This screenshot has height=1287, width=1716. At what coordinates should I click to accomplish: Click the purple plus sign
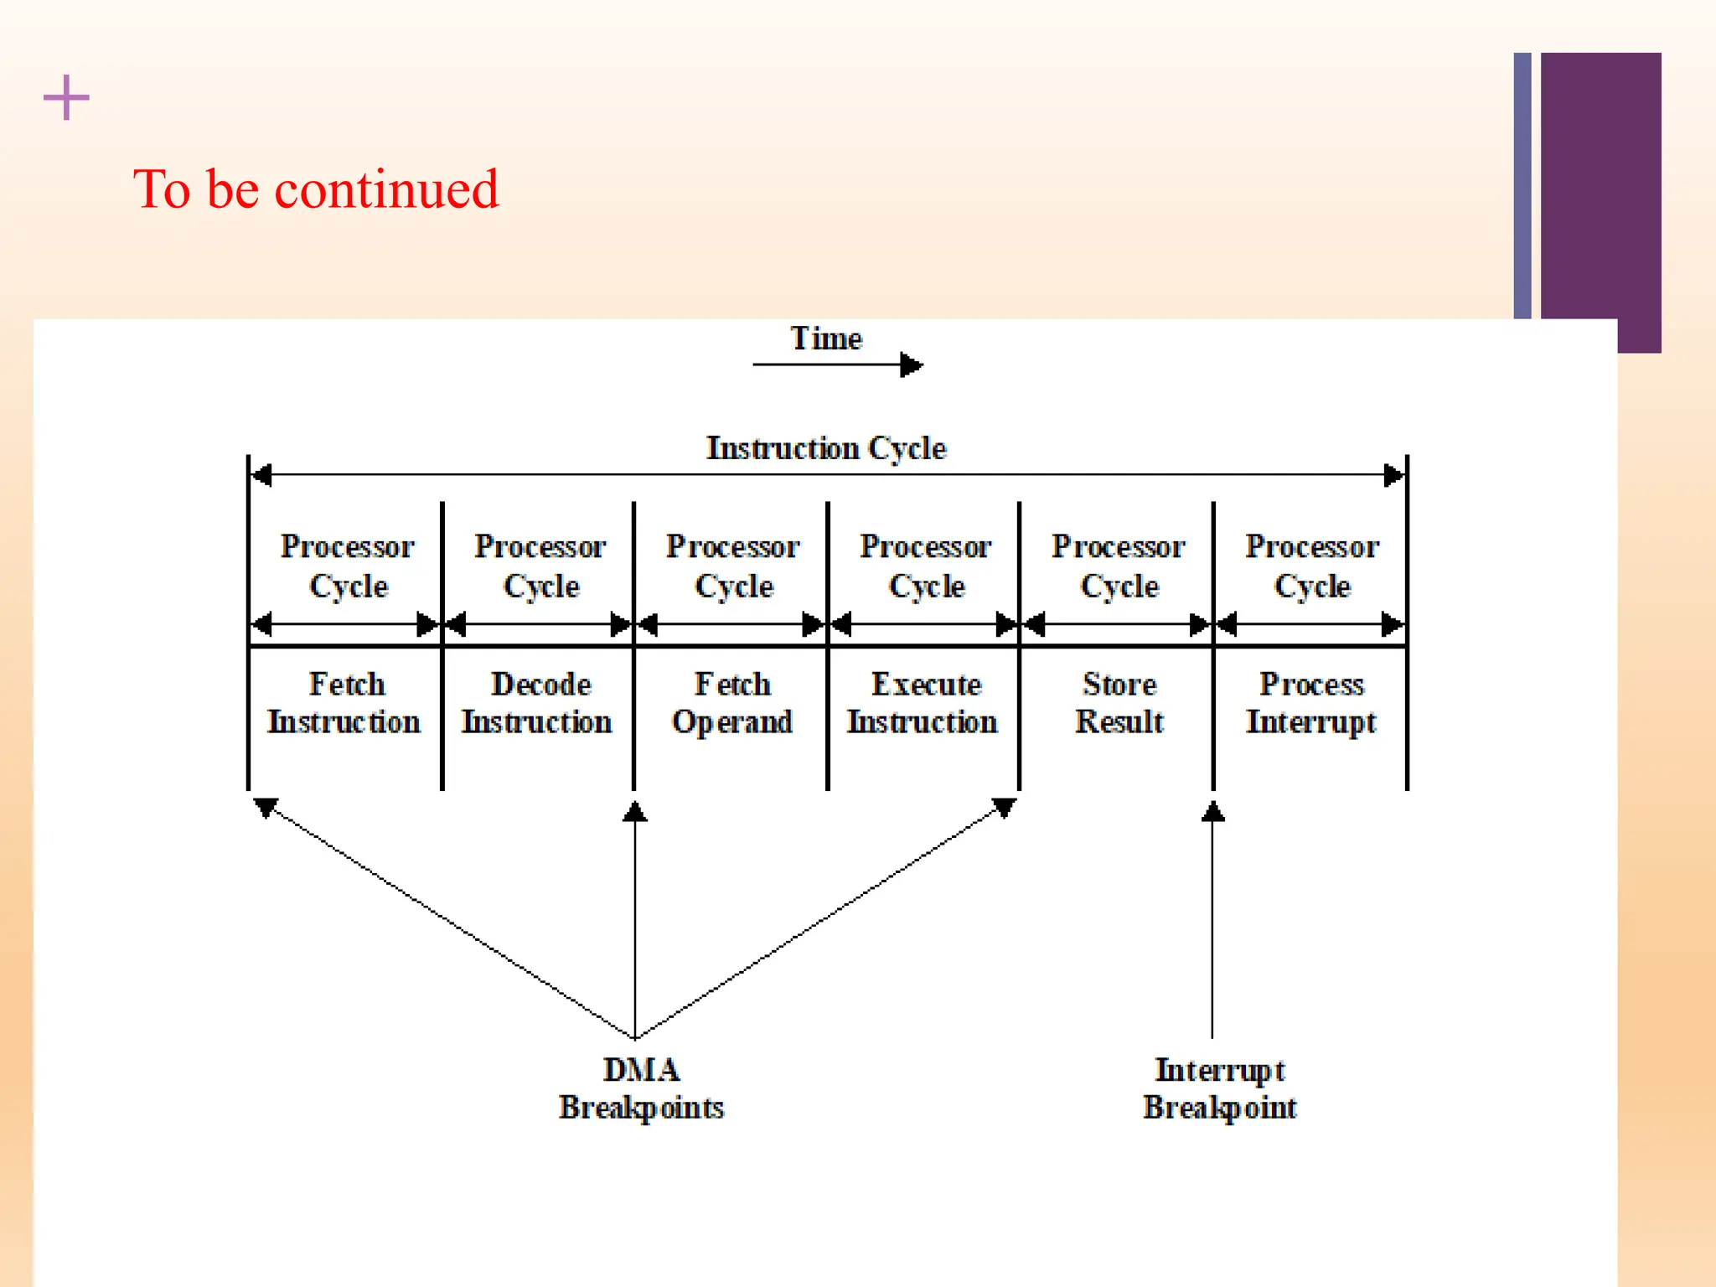66,98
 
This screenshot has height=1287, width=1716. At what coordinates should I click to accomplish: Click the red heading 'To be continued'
316,189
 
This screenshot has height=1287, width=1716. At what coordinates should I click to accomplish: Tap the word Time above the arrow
826,339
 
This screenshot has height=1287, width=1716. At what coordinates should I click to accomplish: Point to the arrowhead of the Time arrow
912,365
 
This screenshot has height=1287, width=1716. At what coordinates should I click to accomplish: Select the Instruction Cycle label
826,448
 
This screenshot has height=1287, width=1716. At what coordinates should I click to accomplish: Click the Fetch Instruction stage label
344,703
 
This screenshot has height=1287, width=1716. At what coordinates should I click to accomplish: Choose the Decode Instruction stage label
538,703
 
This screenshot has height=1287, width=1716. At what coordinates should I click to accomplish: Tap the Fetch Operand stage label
732,703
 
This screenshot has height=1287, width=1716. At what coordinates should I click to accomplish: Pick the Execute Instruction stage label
923,703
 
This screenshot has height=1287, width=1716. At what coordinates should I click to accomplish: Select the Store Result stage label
1119,703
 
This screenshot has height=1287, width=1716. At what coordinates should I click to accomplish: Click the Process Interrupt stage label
1311,703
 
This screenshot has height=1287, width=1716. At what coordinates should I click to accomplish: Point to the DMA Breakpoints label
642,1088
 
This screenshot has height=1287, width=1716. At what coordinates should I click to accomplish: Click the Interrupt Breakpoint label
1220,1088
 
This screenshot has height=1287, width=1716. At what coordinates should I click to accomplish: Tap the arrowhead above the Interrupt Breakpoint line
1212,811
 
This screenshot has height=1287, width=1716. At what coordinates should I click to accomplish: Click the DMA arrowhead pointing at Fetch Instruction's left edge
266,807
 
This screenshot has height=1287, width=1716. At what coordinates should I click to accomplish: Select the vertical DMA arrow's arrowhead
635,811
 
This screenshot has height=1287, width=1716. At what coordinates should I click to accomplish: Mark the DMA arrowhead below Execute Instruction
1004,807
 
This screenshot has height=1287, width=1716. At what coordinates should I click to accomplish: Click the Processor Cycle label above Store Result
1119,566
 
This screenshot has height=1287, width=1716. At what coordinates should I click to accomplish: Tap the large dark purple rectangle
1600,184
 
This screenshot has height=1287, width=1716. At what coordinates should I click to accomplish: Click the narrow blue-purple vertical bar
1522,184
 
